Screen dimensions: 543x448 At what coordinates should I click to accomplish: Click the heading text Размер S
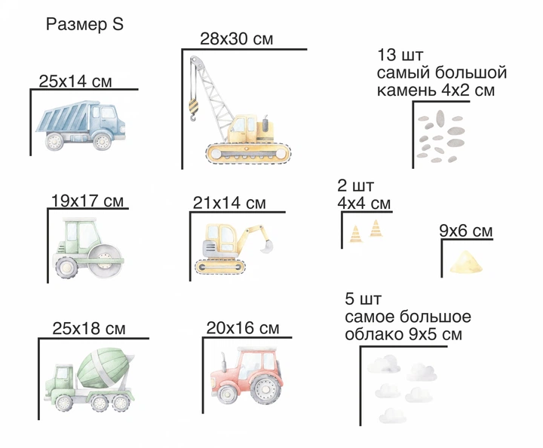(x=84, y=25)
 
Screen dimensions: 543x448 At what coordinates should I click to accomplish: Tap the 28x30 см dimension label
(x=237, y=38)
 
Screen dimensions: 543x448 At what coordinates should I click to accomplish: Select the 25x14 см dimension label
(x=75, y=81)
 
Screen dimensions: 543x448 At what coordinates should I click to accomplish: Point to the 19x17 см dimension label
(x=87, y=201)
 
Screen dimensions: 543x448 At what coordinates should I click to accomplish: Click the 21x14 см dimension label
(x=229, y=203)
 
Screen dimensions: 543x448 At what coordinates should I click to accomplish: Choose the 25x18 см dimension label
(x=89, y=328)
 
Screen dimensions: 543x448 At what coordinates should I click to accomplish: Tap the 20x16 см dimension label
(x=243, y=327)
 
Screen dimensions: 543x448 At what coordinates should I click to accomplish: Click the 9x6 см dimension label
(x=466, y=231)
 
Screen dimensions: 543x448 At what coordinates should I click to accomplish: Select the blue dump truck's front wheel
(x=102, y=141)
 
